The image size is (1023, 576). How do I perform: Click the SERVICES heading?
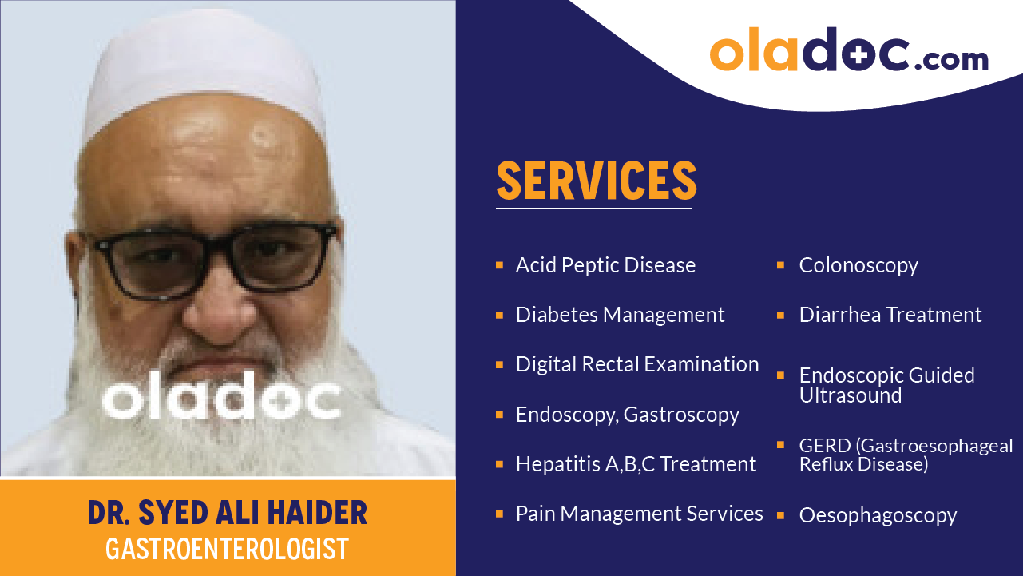tap(597, 181)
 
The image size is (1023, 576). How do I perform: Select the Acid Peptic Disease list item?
tap(605, 265)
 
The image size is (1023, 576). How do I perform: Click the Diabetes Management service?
tap(620, 315)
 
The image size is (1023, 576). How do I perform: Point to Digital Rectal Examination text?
tap(637, 364)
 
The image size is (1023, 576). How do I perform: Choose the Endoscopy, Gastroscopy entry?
tap(627, 415)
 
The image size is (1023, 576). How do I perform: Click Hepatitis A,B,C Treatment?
tap(636, 464)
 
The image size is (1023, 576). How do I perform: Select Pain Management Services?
tap(639, 514)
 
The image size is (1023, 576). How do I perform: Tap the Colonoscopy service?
tap(858, 265)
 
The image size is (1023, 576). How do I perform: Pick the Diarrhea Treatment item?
tap(890, 315)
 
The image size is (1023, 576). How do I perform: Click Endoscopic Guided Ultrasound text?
tap(886, 385)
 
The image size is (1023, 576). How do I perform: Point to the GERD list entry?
tap(906, 455)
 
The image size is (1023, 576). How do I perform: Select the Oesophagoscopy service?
tap(878, 515)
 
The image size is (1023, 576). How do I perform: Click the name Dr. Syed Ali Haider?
tap(228, 513)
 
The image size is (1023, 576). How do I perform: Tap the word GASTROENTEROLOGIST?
tap(228, 549)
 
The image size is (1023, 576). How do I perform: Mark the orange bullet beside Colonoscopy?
tap(781, 264)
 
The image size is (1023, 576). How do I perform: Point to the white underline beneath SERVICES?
tap(593, 209)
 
